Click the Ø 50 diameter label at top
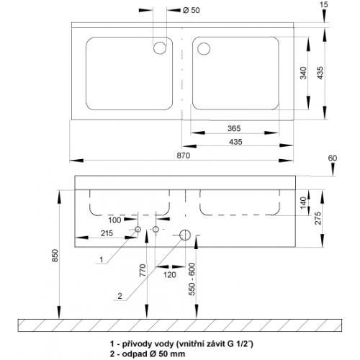coord(191,10)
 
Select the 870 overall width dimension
coord(184,156)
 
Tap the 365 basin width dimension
coord(234,128)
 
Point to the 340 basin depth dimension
coord(303,73)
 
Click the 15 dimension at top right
coord(324,4)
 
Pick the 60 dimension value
coord(333,158)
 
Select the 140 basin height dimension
coord(303,202)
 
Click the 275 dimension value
coord(318,218)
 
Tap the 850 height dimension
coord(55,256)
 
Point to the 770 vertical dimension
coord(143,270)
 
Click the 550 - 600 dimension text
coord(192,279)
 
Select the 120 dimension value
coord(170,274)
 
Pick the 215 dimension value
coord(107,233)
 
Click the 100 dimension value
coord(114,220)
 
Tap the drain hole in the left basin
coord(160,48)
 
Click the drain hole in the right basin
coord(204,48)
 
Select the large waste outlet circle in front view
coord(185,235)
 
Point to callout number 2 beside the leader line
coord(120,296)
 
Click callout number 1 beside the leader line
coord(102,259)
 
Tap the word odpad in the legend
coord(132,354)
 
